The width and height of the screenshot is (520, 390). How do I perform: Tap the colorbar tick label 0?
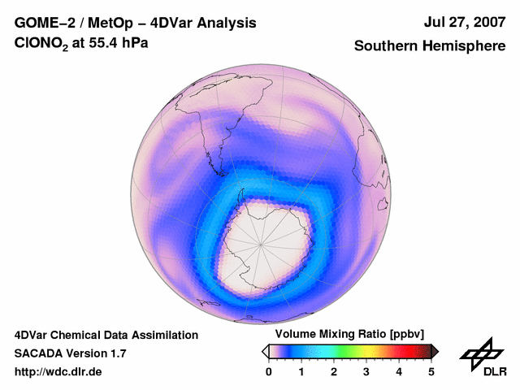coord(269,371)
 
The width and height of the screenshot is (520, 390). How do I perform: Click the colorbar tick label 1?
coord(301,371)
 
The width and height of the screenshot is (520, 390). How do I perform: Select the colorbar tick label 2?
coord(334,371)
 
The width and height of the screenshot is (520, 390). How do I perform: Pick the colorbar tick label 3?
coord(366,371)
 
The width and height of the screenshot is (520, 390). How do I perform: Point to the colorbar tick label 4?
coord(399,371)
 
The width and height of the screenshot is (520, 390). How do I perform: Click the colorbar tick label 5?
coord(431,371)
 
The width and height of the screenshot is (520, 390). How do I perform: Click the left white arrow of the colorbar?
coord(265,351)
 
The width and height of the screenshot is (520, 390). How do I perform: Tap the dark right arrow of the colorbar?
coord(435,351)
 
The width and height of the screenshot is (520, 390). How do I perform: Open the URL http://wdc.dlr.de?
coord(58,371)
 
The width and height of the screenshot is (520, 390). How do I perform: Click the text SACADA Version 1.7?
coord(70,353)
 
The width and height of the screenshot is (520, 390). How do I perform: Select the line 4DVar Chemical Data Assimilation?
coord(106,335)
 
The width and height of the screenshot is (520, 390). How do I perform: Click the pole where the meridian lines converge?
coord(262,242)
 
